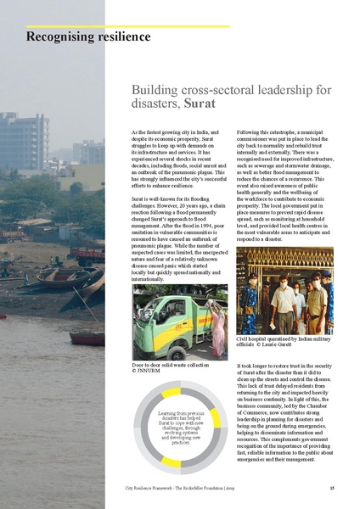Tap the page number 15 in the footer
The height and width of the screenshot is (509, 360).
click(331, 489)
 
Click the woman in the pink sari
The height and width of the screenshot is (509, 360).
click(218, 327)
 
